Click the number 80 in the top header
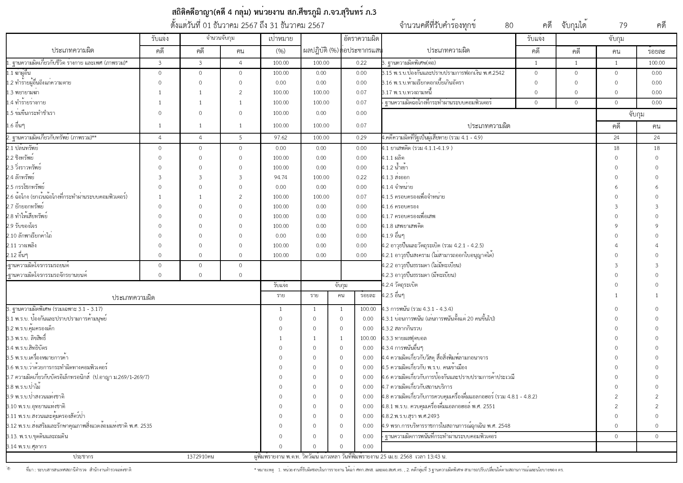509,26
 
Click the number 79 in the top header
623,26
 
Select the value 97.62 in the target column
280,138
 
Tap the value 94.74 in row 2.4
280,177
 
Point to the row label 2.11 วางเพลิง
21,246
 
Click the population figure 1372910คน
200,457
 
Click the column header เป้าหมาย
280,39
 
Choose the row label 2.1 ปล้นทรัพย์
22,148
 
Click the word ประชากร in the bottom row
83,457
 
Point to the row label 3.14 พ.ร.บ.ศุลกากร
26,447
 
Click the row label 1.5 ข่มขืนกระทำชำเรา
31,113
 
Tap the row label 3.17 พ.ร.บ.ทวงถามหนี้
407,93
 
